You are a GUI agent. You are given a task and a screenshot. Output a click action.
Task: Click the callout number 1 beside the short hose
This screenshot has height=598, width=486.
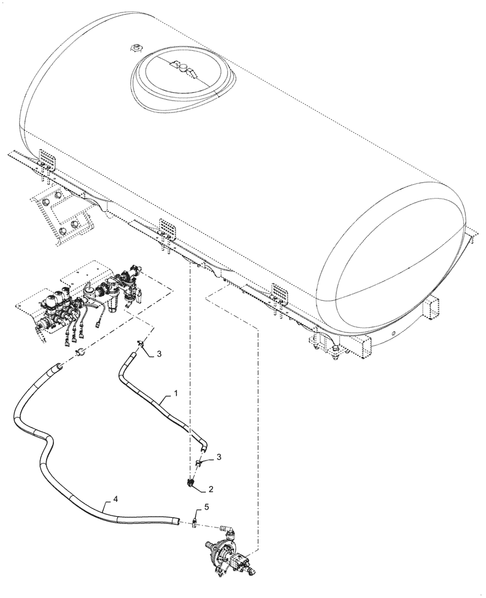(x=176, y=393)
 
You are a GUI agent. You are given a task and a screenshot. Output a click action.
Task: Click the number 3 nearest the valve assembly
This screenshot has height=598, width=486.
(x=160, y=353)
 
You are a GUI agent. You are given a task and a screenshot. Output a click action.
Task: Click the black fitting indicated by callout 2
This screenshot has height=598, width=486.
(x=191, y=484)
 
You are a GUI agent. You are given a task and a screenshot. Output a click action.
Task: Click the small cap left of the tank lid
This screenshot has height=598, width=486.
(x=135, y=47)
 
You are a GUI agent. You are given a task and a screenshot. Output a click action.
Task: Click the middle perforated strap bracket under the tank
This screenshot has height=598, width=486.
(x=167, y=230)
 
